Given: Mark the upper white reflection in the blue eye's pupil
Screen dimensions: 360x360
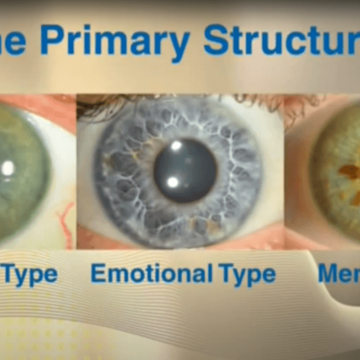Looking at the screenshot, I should point(176,145).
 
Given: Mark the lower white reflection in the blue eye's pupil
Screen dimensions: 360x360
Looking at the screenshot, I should point(173,181).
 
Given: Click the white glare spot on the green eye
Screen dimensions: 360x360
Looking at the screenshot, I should point(8,169).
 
